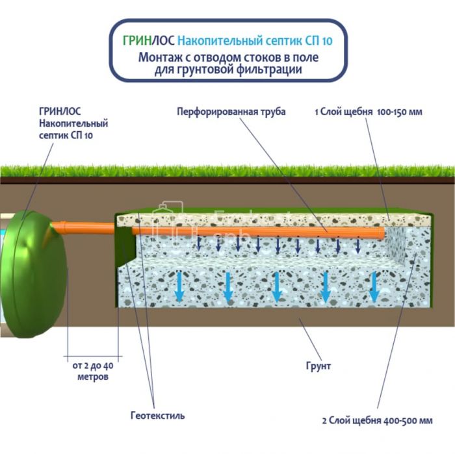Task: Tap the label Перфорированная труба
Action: tap(231, 112)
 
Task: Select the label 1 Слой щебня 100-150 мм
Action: tap(369, 112)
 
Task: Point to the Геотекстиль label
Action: tap(157, 415)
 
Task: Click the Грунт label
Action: tap(318, 366)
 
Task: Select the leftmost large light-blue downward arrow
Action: tap(179, 286)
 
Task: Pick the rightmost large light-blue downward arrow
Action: tap(375, 286)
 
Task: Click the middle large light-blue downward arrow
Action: tap(278, 286)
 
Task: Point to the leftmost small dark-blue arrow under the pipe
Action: tap(200, 244)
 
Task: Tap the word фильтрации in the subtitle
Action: tap(270, 69)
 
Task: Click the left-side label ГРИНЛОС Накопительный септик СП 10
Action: tap(73, 123)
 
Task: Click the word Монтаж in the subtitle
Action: tap(160, 57)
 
